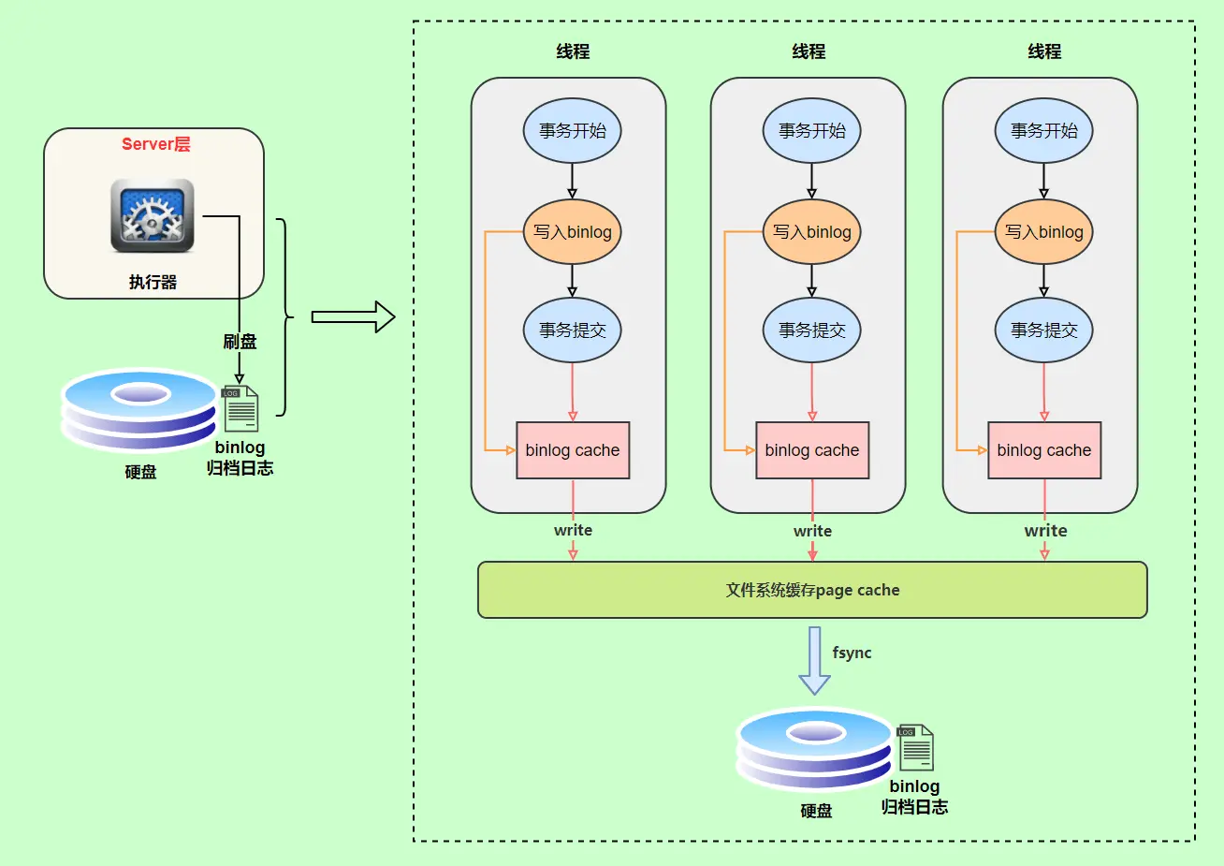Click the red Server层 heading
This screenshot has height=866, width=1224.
(x=155, y=144)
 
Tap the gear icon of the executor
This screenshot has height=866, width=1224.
(x=152, y=216)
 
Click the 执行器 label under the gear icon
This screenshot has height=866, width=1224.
(x=153, y=282)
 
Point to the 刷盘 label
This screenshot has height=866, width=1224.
(x=240, y=342)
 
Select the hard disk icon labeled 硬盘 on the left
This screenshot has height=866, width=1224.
(x=139, y=409)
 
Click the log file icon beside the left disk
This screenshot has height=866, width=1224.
(x=240, y=408)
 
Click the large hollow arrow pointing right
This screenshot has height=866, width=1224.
(x=353, y=316)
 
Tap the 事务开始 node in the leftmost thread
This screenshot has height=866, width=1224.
(x=572, y=131)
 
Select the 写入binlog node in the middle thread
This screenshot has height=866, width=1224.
(x=811, y=232)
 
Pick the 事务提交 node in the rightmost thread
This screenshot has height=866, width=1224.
(x=1043, y=330)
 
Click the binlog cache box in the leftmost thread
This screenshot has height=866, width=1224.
(x=573, y=450)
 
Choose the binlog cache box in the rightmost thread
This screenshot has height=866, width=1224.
(x=1043, y=450)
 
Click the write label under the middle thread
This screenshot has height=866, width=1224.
(x=812, y=531)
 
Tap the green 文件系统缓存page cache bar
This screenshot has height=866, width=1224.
(x=812, y=590)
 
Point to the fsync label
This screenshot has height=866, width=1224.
(x=852, y=653)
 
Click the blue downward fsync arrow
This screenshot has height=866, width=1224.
(x=814, y=660)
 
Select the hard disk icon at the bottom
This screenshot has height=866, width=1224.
(x=814, y=749)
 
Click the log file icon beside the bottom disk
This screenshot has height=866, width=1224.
(x=915, y=747)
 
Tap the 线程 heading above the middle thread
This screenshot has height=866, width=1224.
(x=809, y=51)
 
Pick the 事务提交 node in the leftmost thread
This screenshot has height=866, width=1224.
(x=572, y=330)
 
